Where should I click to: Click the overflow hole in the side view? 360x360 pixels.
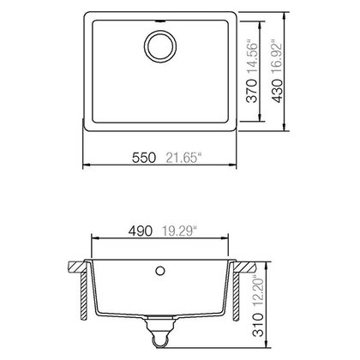coord(160,270)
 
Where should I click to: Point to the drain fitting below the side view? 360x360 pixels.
coord(160,328)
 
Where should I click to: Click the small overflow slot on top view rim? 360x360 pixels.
coord(160,16)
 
